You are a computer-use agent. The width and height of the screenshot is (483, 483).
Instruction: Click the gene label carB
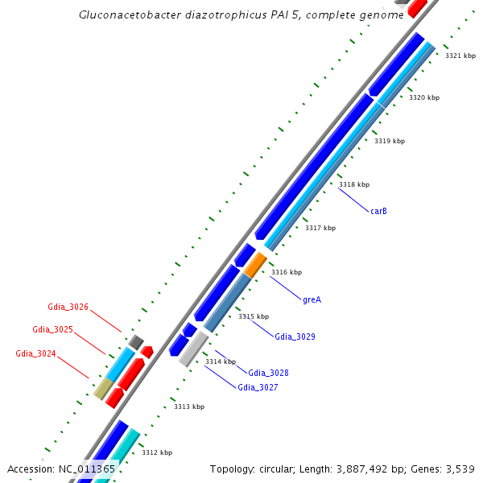coord(378,211)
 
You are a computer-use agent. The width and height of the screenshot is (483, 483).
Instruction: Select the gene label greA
coord(312,299)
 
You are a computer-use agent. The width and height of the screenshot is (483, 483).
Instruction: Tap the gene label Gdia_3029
coord(295,336)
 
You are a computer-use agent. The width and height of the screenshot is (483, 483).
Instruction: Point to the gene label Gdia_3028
coord(268,373)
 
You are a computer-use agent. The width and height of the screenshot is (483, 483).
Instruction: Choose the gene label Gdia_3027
coord(258,387)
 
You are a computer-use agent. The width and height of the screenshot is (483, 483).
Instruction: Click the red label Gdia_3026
coord(68,307)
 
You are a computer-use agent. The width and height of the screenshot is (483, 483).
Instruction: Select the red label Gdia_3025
coord(52,329)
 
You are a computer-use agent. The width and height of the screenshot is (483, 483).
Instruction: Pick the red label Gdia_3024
coord(35,353)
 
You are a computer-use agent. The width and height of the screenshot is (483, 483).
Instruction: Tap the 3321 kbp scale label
coord(460,56)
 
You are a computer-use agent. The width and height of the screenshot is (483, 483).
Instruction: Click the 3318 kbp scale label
coord(353,185)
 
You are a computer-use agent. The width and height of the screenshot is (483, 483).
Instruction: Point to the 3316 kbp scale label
coord(286,272)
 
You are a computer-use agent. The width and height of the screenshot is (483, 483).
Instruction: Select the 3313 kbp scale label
coord(189,407)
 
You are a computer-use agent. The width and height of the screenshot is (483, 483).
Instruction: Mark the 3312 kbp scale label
coord(156,452)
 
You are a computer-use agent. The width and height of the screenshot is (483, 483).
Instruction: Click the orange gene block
coord(255,265)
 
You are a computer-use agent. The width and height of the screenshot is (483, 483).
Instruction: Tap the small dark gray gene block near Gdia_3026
coord(136,343)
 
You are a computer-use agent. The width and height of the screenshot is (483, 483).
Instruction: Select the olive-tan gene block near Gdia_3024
coord(102,389)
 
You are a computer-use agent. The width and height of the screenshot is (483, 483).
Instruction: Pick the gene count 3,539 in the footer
coord(460,469)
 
